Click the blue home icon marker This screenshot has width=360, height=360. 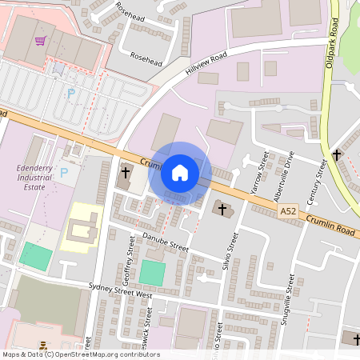180,171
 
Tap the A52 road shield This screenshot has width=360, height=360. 288,210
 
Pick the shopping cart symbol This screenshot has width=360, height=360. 40,40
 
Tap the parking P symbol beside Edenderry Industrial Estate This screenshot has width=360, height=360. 65,172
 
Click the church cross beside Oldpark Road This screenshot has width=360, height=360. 337,154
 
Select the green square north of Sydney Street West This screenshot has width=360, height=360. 151,272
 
